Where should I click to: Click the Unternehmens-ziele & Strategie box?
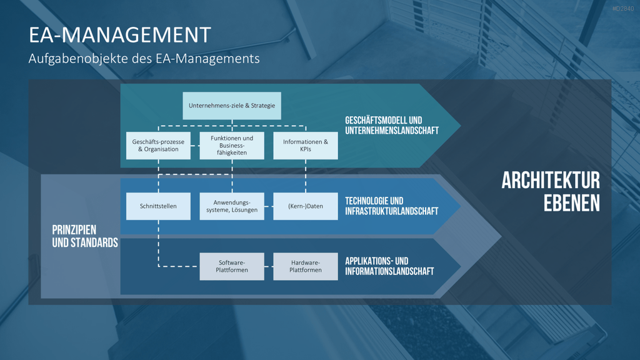pyautogui.click(x=232, y=106)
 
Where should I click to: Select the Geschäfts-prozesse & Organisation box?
pyautogui.click(x=158, y=145)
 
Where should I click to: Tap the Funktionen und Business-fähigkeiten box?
pyautogui.click(x=232, y=145)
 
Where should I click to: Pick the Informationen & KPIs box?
pyautogui.click(x=305, y=145)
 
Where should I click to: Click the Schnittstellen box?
pyautogui.click(x=158, y=206)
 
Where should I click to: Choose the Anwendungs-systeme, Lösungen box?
pyautogui.click(x=232, y=206)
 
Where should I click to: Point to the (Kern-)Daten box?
pyautogui.click(x=305, y=206)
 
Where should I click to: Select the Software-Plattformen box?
pyautogui.click(x=232, y=266)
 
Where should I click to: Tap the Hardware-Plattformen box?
pyautogui.click(x=305, y=266)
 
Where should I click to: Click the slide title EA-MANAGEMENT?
pyautogui.click(x=119, y=35)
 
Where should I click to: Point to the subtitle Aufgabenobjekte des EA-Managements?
pyautogui.click(x=144, y=59)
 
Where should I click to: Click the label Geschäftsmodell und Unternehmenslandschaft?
pyautogui.click(x=392, y=126)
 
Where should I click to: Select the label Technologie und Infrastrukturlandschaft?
pyautogui.click(x=391, y=206)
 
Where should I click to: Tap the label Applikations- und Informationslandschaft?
pyautogui.click(x=389, y=266)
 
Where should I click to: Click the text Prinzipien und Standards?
pyautogui.click(x=85, y=236)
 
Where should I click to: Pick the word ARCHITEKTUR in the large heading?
pyautogui.click(x=551, y=181)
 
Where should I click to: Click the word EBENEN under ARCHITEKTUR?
pyautogui.click(x=572, y=203)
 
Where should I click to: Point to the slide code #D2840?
pyautogui.click(x=623, y=9)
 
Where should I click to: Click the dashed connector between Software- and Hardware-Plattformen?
pyautogui.click(x=269, y=266)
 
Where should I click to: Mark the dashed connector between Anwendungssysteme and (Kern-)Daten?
pyautogui.click(x=269, y=206)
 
